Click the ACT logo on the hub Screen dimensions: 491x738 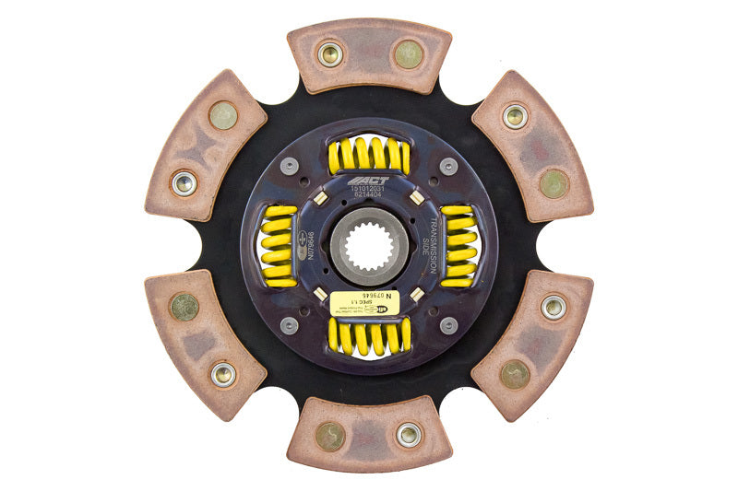pyautogui.click(x=368, y=181)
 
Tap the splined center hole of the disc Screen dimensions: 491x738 pyautogui.click(x=369, y=245)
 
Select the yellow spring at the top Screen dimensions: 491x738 pyautogui.click(x=368, y=156)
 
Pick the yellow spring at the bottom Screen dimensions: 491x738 pyautogui.click(x=369, y=337)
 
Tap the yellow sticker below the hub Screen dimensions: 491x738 pyautogui.click(x=368, y=299)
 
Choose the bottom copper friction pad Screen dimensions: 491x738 pyautogui.click(x=369, y=434)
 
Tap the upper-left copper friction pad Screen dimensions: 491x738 pyautogui.click(x=205, y=147)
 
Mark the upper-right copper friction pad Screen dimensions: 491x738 pyautogui.click(x=532, y=147)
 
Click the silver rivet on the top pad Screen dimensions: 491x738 pyautogui.click(x=329, y=54)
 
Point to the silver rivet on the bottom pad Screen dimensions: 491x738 pyautogui.click(x=408, y=434)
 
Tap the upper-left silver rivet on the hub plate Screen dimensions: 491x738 pyautogui.click(x=290, y=167)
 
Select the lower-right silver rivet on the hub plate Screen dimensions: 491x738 pyautogui.click(x=448, y=324)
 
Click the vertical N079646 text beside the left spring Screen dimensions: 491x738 pyautogui.click(x=309, y=245)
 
